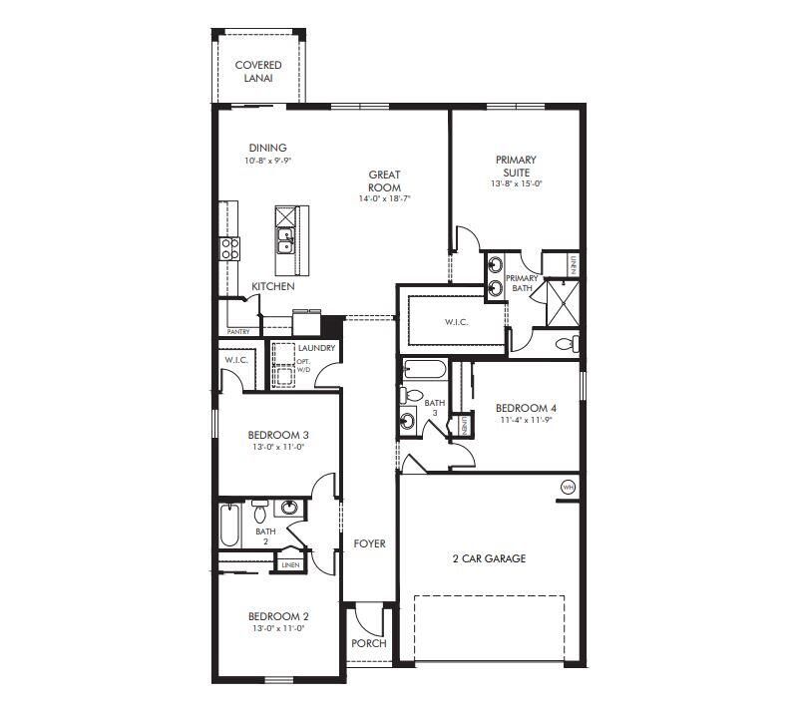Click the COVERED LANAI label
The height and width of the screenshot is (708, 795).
click(x=258, y=71)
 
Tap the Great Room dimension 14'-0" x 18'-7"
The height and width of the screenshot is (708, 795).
click(x=385, y=199)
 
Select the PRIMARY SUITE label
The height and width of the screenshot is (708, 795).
click(x=516, y=166)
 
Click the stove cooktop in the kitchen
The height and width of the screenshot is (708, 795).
click(x=230, y=248)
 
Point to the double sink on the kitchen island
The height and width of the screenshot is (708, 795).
click(x=285, y=239)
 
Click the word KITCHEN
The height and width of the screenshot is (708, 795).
click(x=272, y=287)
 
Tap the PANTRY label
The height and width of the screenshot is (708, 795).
click(x=238, y=332)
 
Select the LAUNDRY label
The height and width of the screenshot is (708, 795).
click(x=316, y=348)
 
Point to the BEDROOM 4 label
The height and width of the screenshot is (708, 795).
click(x=526, y=408)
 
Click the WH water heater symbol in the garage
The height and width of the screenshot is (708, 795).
click(x=568, y=487)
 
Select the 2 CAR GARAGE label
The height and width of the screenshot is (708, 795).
click(x=488, y=558)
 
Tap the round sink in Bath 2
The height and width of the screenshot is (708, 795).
click(x=289, y=509)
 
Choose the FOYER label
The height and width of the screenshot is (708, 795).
click(x=369, y=543)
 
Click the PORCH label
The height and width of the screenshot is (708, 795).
click(x=368, y=643)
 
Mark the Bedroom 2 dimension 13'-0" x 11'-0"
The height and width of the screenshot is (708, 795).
click(x=275, y=629)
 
